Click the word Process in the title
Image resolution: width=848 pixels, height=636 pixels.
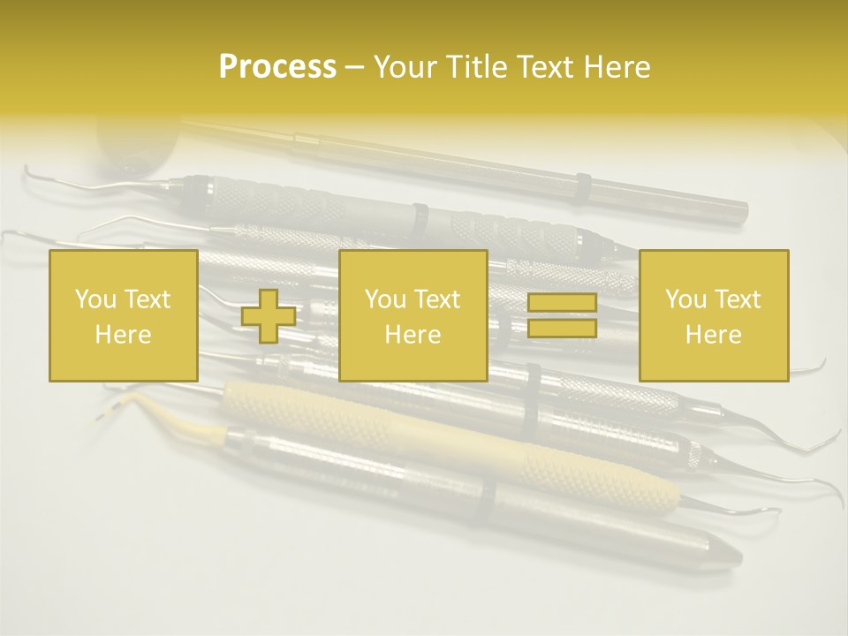point(277,67)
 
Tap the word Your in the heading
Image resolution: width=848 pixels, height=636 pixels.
point(404,67)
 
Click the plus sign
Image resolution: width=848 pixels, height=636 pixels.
point(269,316)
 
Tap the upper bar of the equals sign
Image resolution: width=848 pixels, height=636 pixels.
point(562,303)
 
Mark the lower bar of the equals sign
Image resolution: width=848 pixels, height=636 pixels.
point(562,328)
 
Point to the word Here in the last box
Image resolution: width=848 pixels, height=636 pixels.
point(713,335)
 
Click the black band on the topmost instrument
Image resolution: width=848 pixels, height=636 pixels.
point(582,188)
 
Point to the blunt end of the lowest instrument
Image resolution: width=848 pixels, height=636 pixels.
point(724,555)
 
